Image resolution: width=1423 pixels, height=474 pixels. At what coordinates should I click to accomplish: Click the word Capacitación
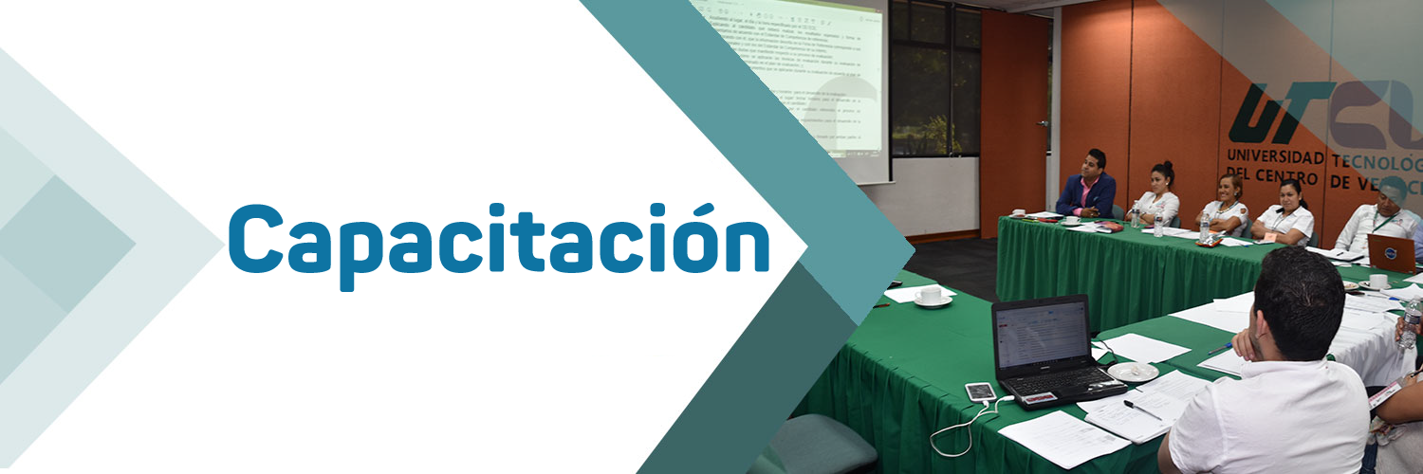click(x=498, y=237)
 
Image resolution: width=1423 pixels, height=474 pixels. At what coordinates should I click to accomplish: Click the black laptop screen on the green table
click(x=1041, y=334)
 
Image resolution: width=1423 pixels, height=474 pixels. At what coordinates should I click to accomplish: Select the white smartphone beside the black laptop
click(x=980, y=392)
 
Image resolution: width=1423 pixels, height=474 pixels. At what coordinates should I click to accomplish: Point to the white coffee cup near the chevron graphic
click(x=931, y=295)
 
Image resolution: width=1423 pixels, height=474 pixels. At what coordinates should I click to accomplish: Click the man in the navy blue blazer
click(x=1087, y=186)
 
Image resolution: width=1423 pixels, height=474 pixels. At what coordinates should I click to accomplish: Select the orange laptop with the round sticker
click(x=1392, y=253)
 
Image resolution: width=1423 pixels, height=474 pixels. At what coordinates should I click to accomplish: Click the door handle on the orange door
click(x=1043, y=123)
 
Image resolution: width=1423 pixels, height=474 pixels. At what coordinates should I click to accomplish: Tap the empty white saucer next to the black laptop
click(x=1134, y=372)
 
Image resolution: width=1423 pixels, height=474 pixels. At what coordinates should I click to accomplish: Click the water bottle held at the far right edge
click(x=1411, y=323)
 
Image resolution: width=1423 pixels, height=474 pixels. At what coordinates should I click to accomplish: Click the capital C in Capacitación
click(x=258, y=236)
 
